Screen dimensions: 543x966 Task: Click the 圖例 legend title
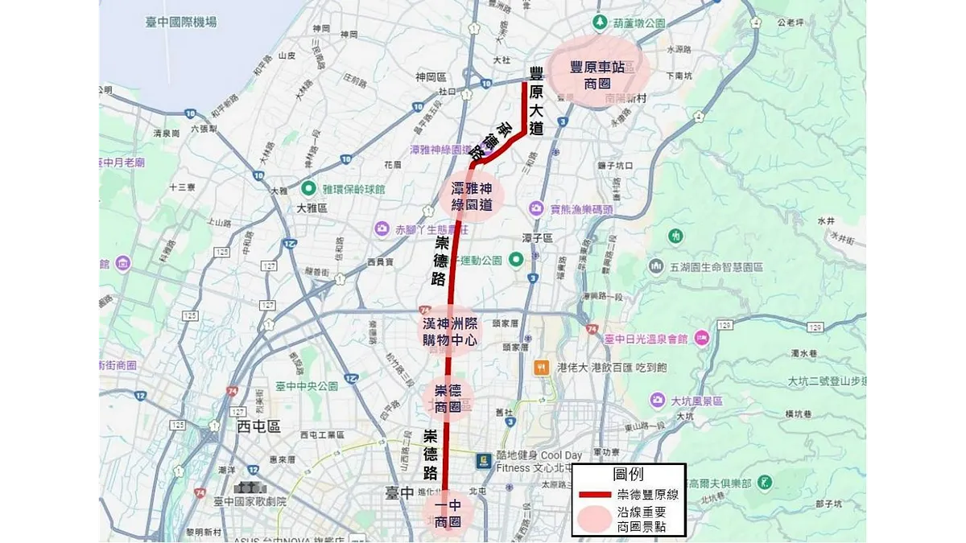click(x=628, y=475)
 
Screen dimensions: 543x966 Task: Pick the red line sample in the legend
click(x=595, y=495)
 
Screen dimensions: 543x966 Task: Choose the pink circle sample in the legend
click(x=595, y=520)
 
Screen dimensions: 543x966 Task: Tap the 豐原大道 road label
click(x=536, y=105)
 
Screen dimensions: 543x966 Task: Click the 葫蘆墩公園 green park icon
click(x=599, y=22)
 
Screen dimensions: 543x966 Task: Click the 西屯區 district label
click(x=258, y=426)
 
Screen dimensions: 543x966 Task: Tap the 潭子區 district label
click(x=537, y=239)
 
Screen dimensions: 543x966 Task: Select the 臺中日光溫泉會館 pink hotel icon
click(x=701, y=338)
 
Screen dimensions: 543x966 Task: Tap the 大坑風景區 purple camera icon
click(x=658, y=400)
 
